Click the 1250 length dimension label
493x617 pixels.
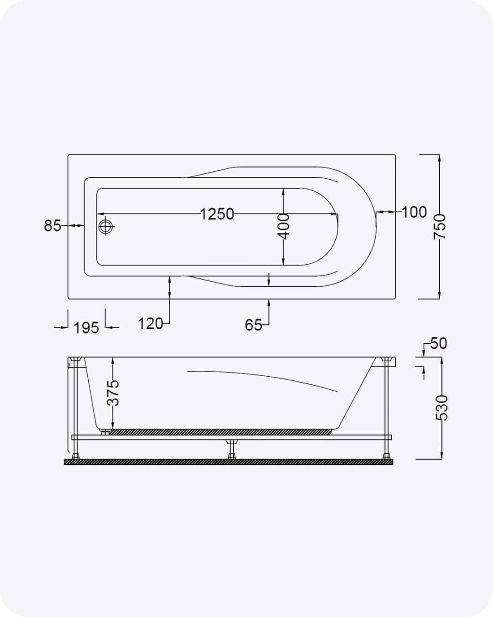pos(216,214)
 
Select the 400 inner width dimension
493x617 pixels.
pos(283,226)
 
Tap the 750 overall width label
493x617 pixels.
pos(440,227)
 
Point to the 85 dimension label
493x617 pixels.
pos(52,225)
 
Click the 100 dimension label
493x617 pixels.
pos(414,212)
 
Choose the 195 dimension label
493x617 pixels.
pos(86,328)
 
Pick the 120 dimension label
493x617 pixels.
pos(150,324)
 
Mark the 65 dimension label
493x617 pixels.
pos(253,325)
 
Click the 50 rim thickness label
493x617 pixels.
pos(439,343)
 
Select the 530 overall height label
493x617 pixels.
pos(441,408)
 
